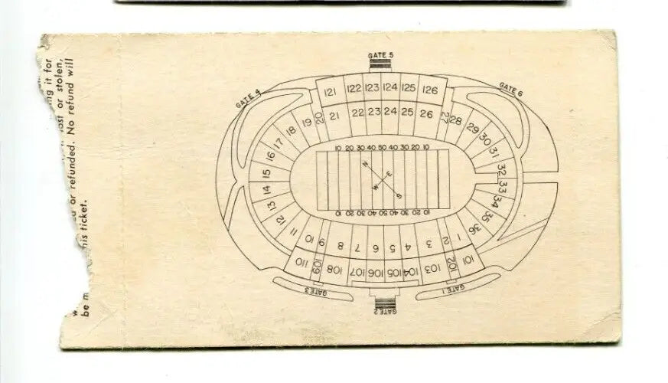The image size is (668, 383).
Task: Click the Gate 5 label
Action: [380, 56]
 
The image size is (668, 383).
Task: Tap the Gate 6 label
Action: [510, 89]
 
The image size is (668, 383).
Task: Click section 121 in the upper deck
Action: [331, 93]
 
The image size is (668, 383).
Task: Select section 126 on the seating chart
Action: [430, 90]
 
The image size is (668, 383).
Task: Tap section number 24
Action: [390, 112]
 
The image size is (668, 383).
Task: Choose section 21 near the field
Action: [334, 116]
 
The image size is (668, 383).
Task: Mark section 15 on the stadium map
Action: [266, 172]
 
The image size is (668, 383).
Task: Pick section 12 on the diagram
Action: [280, 218]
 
